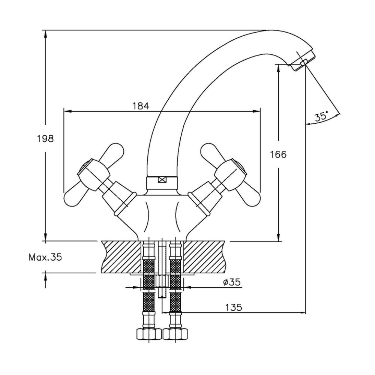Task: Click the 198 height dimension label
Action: coord(45,138)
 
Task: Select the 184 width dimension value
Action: coord(141,106)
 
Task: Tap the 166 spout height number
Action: coord(278,154)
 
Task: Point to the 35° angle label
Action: coord(321,117)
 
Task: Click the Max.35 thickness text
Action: coord(45,257)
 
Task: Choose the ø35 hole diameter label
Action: coord(231,282)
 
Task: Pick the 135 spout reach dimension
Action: coord(234,307)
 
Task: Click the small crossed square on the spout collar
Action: coord(162,180)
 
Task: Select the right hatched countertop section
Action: coord(204,257)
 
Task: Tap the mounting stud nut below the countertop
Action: coord(162,281)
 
